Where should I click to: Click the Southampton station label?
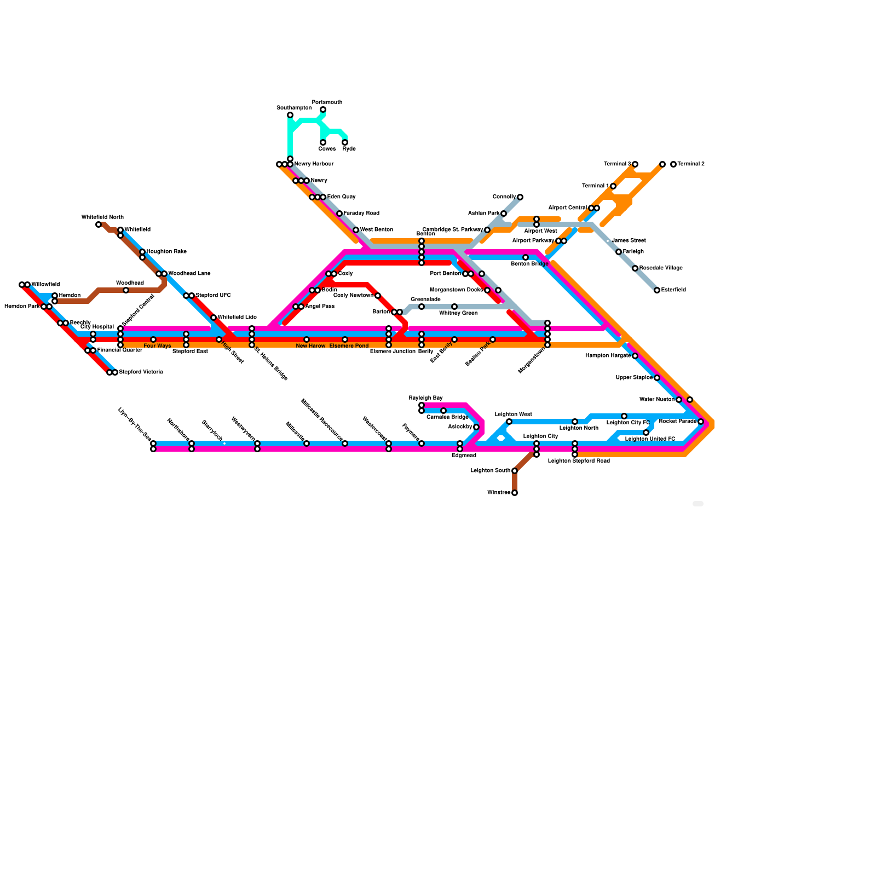(294, 108)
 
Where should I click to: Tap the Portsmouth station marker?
(323, 110)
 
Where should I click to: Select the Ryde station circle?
(345, 143)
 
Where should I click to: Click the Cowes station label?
(327, 149)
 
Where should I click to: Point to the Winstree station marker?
(515, 493)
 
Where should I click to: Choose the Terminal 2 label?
(691, 164)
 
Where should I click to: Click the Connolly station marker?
(520, 197)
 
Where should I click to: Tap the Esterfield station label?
(673, 290)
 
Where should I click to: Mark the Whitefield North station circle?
(99, 224)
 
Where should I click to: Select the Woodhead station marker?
(126, 290)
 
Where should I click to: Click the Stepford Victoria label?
(141, 372)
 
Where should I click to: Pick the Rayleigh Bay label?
(425, 398)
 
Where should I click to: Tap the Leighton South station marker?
(515, 471)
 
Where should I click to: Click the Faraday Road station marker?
(339, 214)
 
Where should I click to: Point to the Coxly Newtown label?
(353, 296)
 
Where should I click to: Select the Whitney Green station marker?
(454, 307)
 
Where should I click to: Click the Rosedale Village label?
(661, 268)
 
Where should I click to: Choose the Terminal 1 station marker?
(613, 186)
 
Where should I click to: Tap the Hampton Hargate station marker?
(635, 356)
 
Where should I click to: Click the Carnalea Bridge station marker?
(443, 411)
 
